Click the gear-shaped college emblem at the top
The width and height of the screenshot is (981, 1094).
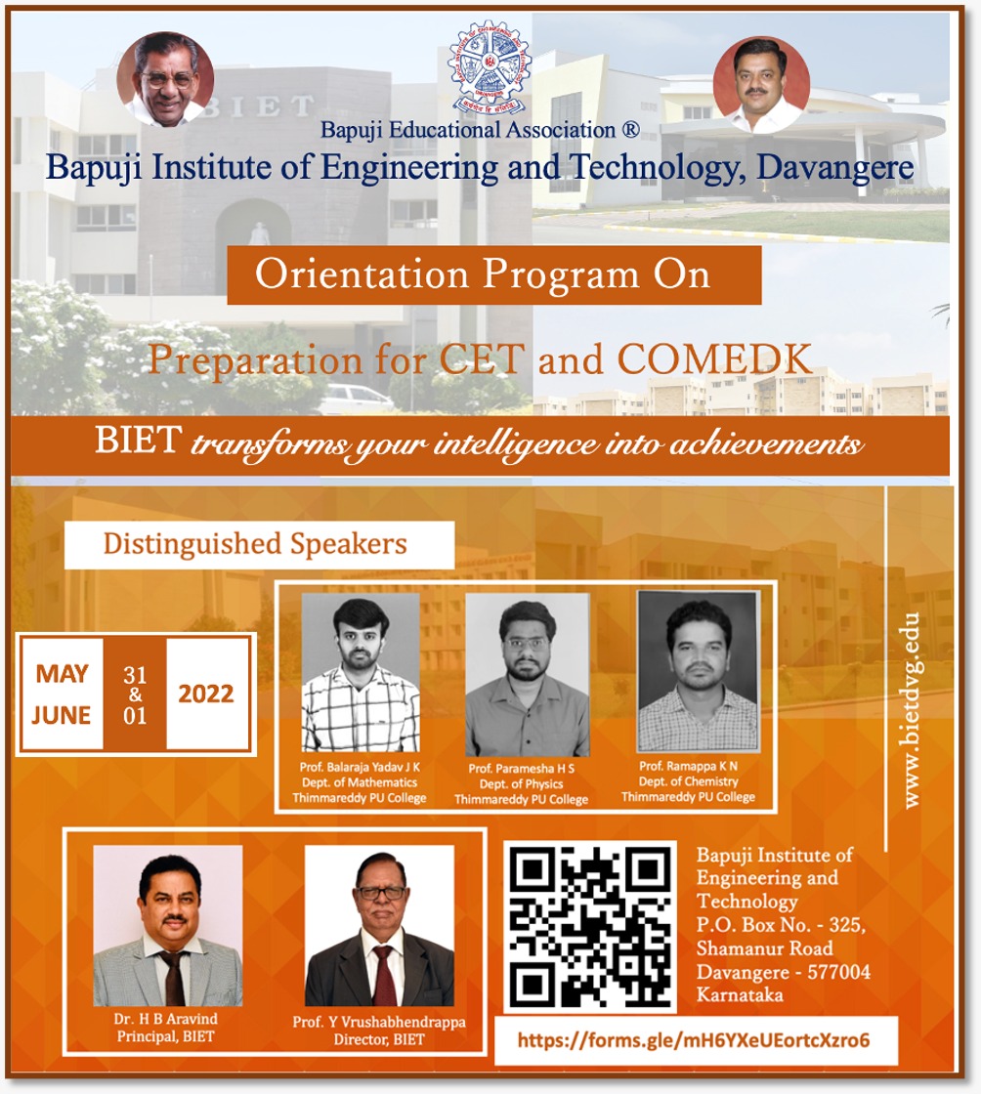[x=490, y=67]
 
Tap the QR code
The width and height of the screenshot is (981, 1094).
[x=590, y=927]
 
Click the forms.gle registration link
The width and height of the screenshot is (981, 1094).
[x=694, y=1040]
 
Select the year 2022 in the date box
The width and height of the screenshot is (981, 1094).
[x=206, y=694]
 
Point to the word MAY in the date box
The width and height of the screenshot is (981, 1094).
[x=63, y=673]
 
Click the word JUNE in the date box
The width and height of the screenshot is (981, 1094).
[x=62, y=715]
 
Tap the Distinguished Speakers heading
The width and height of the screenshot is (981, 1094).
[x=255, y=544]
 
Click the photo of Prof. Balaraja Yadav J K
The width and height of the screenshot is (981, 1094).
[x=361, y=673]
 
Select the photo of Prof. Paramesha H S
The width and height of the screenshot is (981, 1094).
[x=528, y=675]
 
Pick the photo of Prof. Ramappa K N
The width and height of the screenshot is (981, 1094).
[x=699, y=671]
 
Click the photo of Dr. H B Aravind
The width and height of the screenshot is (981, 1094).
[x=168, y=926]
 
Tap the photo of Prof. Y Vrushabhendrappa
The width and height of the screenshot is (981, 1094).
[x=379, y=926]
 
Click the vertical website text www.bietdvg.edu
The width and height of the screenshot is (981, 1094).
[x=911, y=710]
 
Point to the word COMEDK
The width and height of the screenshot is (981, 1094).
[x=714, y=359]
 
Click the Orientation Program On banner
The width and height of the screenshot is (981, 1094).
[x=494, y=274]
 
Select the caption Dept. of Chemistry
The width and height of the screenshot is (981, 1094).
[x=688, y=781]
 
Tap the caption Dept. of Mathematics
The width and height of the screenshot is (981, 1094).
[x=360, y=782]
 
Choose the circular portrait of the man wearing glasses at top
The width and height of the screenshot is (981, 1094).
[x=165, y=79]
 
